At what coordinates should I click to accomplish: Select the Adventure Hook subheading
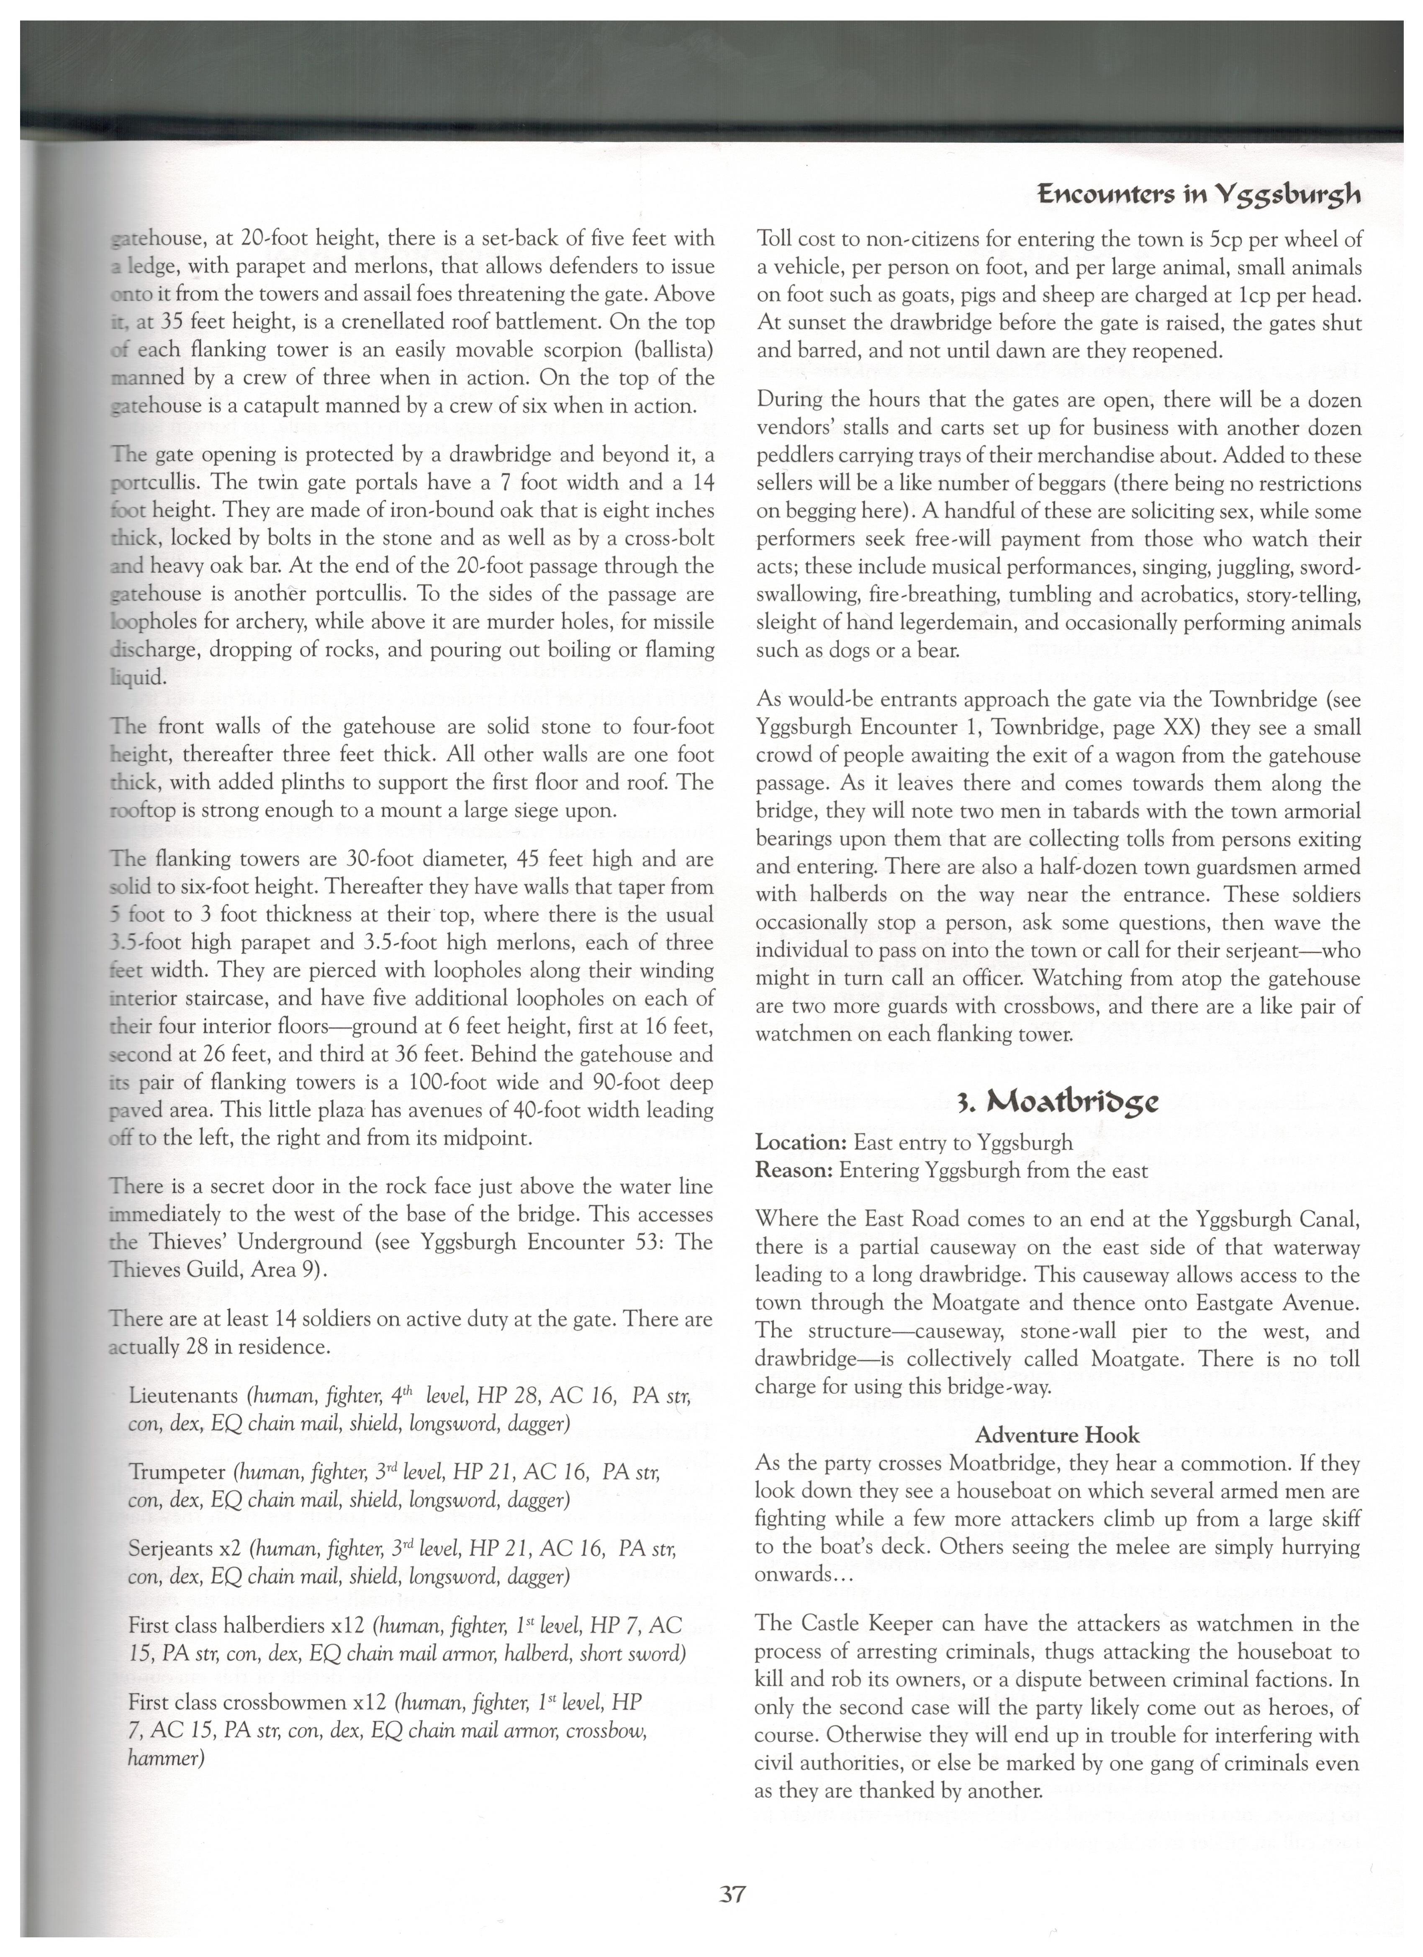(x=1057, y=1436)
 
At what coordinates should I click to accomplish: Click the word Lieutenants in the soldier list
(x=183, y=1396)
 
